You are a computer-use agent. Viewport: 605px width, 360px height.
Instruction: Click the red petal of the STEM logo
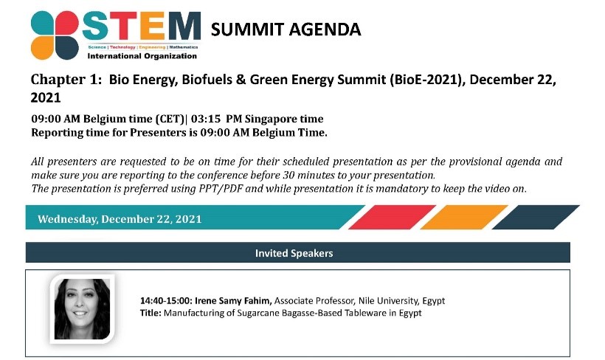pyautogui.click(x=67, y=23)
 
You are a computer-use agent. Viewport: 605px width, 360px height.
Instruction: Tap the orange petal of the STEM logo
pyautogui.click(x=42, y=48)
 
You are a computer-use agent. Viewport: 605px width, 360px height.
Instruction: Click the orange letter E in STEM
pyautogui.click(x=153, y=26)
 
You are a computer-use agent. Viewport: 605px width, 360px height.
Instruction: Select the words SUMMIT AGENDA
pyautogui.click(x=286, y=30)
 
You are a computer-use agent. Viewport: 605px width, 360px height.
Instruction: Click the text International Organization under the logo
pyautogui.click(x=142, y=56)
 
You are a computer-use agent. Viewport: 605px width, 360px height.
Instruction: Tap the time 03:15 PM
pyautogui.click(x=216, y=119)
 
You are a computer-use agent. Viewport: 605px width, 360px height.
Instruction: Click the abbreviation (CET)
pyautogui.click(x=170, y=119)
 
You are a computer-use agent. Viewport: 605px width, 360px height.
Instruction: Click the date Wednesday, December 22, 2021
pyautogui.click(x=120, y=219)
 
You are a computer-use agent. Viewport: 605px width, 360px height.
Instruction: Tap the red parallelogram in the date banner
pyautogui.click(x=392, y=217)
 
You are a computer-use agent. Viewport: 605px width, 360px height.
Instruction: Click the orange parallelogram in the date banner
pyautogui.click(x=464, y=217)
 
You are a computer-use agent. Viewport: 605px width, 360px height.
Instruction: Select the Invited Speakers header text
pyautogui.click(x=294, y=253)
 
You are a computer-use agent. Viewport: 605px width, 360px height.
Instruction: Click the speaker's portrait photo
pyautogui.click(x=82, y=309)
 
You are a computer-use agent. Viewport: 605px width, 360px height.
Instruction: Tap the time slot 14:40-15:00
pyautogui.click(x=166, y=300)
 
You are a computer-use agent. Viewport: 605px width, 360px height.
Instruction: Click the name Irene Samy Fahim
pyautogui.click(x=233, y=300)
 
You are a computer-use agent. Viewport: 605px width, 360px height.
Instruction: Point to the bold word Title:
pyautogui.click(x=151, y=313)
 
